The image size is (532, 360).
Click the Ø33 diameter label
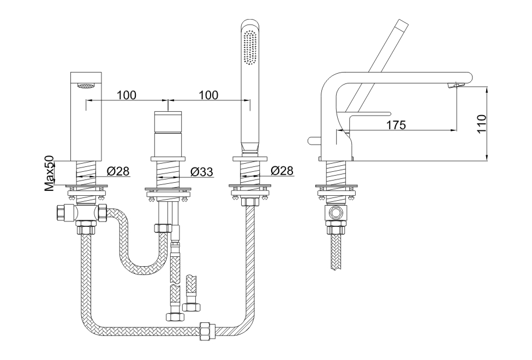pos(201,172)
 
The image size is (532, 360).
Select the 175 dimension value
pos(396,125)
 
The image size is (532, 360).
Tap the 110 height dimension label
pos(481,124)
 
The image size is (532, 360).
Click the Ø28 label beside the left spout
pos(118,171)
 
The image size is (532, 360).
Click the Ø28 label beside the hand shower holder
pos(282,171)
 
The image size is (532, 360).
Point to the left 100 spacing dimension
pos(127,95)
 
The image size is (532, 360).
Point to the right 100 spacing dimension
pos(208,95)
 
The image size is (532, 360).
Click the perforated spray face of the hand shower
pos(250,48)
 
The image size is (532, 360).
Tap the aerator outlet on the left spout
pos(87,85)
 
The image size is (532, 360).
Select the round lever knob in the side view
pos(312,141)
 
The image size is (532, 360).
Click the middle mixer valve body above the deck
pos(169,135)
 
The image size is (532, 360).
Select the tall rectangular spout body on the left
pos(87,117)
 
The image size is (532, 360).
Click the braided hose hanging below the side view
pos(336,251)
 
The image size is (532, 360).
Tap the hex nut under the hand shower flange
pos(250,202)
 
